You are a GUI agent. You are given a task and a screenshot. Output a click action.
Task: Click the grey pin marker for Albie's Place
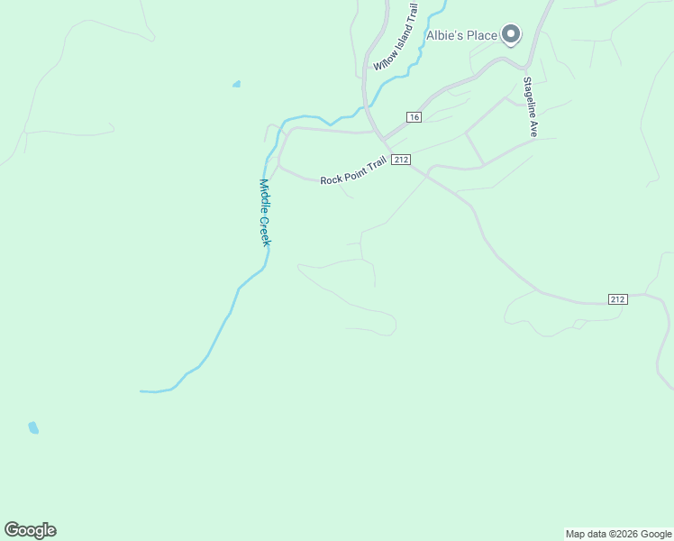tap(511, 35)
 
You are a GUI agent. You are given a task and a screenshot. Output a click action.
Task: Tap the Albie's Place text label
tap(462, 36)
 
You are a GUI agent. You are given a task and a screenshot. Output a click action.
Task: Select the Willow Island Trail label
tap(396, 37)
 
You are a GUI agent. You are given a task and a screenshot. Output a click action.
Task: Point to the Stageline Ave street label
tap(531, 106)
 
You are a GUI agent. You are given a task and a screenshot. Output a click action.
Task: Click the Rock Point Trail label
tap(353, 172)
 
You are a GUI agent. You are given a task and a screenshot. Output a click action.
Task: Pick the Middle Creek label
tap(265, 212)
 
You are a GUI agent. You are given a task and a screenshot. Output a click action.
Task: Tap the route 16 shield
tap(414, 117)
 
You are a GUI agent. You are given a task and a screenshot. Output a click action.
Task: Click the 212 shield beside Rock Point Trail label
tap(402, 160)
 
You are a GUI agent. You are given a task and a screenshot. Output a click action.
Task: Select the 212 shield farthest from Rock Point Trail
tap(617, 299)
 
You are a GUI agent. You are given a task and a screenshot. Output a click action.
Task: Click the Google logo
tap(30, 530)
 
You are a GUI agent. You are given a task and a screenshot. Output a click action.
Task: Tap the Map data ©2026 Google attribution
tap(618, 534)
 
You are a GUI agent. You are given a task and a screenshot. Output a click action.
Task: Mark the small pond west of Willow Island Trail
tap(236, 85)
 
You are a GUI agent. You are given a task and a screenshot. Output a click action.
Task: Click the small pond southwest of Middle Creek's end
tap(33, 427)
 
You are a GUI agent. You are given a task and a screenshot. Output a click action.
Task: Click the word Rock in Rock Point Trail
tap(331, 179)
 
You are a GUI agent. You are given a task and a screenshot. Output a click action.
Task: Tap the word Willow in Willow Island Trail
tap(383, 59)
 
